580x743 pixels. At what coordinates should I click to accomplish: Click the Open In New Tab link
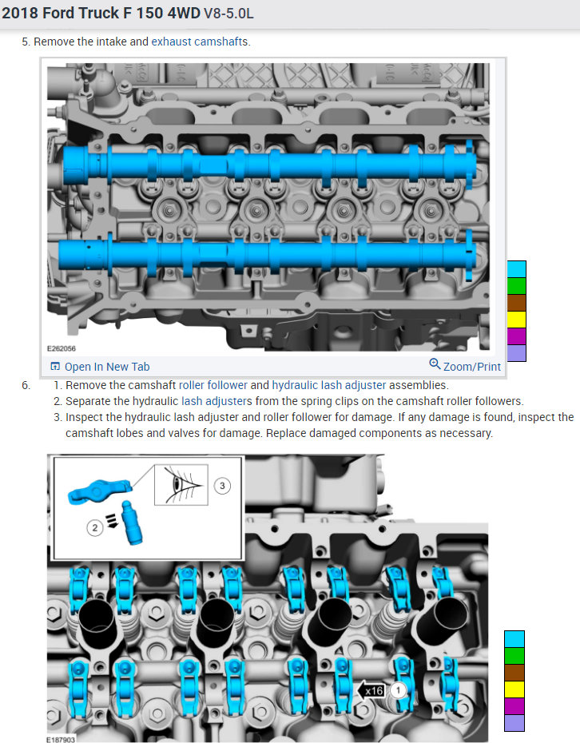[100, 367]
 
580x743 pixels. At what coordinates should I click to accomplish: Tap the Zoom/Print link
[465, 367]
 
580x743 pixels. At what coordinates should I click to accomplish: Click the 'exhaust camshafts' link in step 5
[200, 41]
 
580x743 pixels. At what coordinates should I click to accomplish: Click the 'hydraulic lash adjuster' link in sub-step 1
[329, 385]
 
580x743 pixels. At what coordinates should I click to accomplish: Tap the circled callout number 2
[95, 527]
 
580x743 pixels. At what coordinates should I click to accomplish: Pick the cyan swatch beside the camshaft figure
[517, 268]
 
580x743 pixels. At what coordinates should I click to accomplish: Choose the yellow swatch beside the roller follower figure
[514, 689]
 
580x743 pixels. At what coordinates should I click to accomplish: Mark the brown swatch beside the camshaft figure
[517, 302]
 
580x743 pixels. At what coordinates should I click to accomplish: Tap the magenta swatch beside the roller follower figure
[514, 705]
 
